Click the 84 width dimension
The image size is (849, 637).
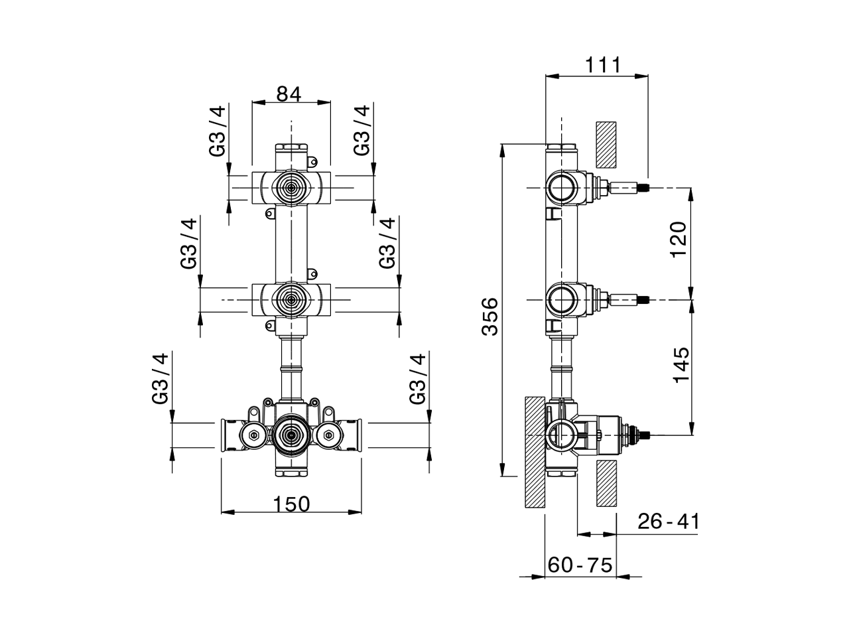(x=289, y=94)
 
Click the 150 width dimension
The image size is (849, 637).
(x=291, y=504)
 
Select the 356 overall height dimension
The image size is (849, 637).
(x=490, y=317)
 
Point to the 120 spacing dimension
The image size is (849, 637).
(x=679, y=240)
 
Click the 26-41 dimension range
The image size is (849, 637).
(x=668, y=522)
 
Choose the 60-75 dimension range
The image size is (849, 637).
(x=580, y=565)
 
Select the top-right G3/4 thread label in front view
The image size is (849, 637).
(x=361, y=130)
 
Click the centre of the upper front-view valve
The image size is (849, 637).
(x=291, y=188)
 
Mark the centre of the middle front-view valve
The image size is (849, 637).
(x=291, y=300)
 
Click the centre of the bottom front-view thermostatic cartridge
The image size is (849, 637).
(x=290, y=435)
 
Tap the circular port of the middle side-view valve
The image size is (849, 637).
(x=562, y=300)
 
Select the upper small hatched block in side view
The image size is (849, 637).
(x=606, y=143)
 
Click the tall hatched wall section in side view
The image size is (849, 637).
(x=534, y=453)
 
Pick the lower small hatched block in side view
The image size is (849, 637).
(x=606, y=483)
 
